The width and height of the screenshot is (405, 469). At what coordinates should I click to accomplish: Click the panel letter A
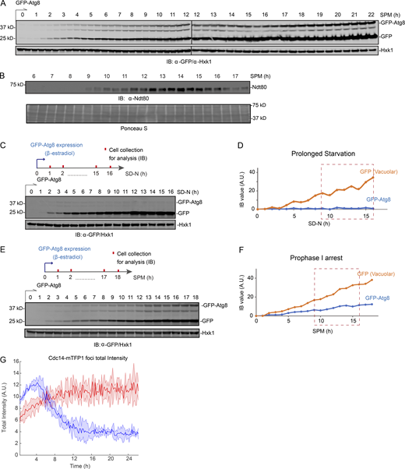pos(5,5)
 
